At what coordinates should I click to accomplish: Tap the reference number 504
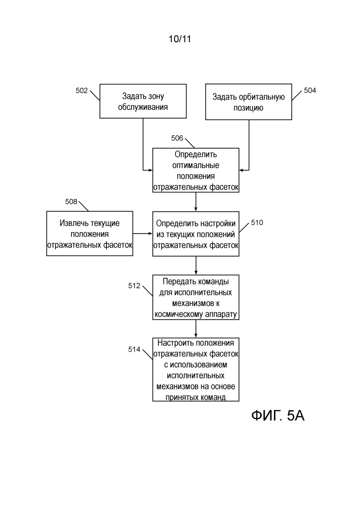tap(310, 91)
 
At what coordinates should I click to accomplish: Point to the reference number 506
tap(177, 138)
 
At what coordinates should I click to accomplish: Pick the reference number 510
tap(257, 222)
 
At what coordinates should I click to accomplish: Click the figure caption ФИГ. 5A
tap(278, 416)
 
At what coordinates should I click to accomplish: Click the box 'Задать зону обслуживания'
tap(143, 102)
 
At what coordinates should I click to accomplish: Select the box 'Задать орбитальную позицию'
tap(248, 102)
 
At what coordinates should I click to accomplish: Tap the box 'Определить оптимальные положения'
tap(196, 171)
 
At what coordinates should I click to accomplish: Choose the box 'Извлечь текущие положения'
tap(90, 234)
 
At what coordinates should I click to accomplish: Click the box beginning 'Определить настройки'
tap(196, 234)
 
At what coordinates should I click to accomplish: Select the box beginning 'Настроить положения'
tap(196, 369)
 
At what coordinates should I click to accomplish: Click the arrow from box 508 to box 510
tap(143, 234)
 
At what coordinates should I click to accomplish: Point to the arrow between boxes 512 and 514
tap(196, 328)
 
